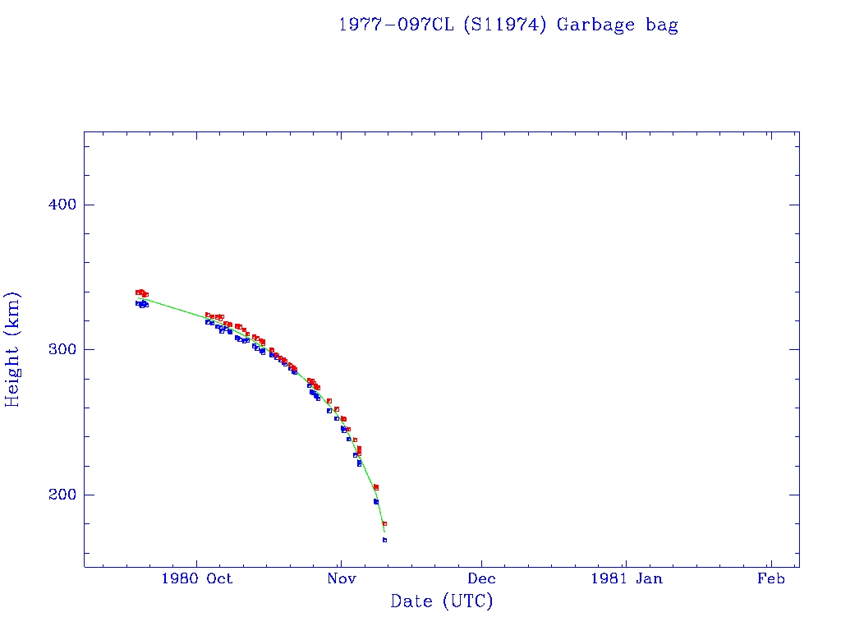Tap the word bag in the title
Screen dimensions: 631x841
662,25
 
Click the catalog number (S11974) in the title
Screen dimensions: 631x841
506,25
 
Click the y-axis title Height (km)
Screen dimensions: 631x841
12,349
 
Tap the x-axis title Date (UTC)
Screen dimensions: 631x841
442,601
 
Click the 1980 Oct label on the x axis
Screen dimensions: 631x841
197,578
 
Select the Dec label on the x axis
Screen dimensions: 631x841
482,578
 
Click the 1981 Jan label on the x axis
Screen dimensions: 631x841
626,578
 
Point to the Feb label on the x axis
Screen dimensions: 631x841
770,578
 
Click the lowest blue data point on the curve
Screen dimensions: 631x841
384,540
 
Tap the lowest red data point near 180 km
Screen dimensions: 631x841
384,523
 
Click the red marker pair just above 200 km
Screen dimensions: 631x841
376,487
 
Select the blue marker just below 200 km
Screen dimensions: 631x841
375,501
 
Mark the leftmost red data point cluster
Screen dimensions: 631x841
141,292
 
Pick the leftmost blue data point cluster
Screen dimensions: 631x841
141,304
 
